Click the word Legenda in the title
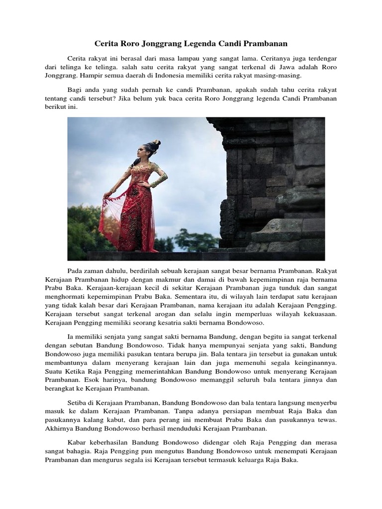pos(205,44)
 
